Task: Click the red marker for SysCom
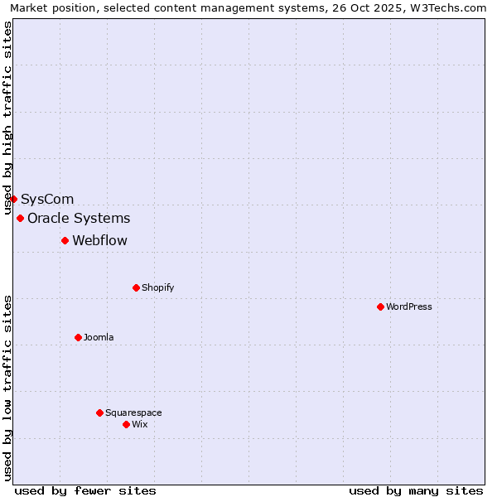[x=13, y=199]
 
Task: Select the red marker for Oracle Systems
[x=20, y=218]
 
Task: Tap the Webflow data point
[x=65, y=240]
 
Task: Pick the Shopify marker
[x=136, y=287]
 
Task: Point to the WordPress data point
[x=380, y=306]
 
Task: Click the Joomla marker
[x=78, y=337]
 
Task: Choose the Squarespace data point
[x=99, y=413]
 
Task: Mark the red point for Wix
[x=126, y=424]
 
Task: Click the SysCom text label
[x=47, y=199]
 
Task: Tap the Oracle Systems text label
[x=79, y=218]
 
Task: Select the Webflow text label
[x=100, y=240]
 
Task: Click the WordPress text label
[x=409, y=306]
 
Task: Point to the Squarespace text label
[x=133, y=413]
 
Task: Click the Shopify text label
[x=158, y=287]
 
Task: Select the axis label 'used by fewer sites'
[x=85, y=490]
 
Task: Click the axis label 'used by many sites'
[x=416, y=490]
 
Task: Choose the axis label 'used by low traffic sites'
[x=8, y=387]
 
